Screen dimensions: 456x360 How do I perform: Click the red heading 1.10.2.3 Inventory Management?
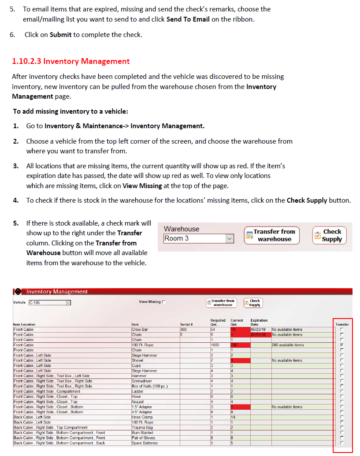click(71, 62)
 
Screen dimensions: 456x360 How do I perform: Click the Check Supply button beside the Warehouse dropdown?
click(329, 236)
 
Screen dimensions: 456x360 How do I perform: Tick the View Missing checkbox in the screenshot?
click(164, 302)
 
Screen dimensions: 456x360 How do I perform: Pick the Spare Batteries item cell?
click(144, 443)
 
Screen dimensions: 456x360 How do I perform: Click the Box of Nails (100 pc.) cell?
click(149, 386)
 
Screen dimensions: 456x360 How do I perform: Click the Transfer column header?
click(342, 324)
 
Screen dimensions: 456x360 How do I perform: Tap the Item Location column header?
click(24, 324)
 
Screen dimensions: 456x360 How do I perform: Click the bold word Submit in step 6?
click(60, 34)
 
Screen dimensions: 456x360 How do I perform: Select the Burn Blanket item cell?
click(142, 433)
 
